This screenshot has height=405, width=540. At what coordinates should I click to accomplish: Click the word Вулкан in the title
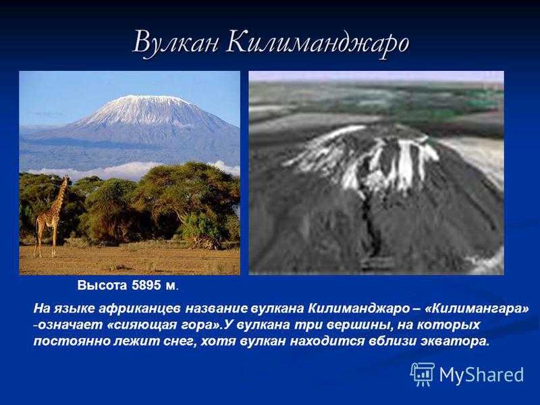click(x=175, y=43)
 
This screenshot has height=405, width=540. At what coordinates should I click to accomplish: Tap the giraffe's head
click(x=65, y=178)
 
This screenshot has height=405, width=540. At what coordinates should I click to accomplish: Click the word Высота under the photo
click(x=103, y=285)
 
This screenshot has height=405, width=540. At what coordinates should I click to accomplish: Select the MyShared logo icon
click(x=422, y=374)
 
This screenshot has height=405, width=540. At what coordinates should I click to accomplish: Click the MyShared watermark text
click(x=481, y=375)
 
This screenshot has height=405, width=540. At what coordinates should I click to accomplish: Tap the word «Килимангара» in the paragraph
click(x=477, y=308)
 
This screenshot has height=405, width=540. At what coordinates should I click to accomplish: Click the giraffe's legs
click(x=46, y=240)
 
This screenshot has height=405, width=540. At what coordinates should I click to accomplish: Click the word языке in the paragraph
click(x=75, y=308)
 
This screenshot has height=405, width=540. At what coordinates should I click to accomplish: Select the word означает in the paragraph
click(x=71, y=325)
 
